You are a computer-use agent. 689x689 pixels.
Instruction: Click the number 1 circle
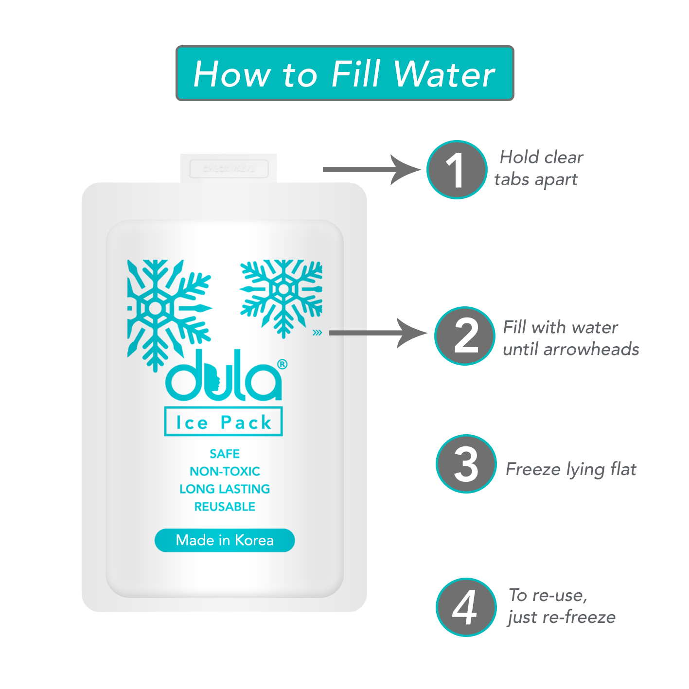(x=457, y=170)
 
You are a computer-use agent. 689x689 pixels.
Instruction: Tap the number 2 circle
(x=465, y=336)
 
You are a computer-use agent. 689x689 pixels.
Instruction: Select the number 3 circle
(x=466, y=464)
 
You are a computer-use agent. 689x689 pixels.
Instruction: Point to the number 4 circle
(x=466, y=607)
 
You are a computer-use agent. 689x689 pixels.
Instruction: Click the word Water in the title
(x=444, y=74)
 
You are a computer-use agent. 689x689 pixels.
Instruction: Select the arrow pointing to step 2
(x=377, y=333)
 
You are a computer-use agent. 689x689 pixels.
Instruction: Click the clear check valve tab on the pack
(x=229, y=169)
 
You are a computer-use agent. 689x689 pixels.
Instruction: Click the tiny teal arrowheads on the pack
(x=317, y=333)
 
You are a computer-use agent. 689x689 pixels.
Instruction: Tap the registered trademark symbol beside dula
(x=282, y=364)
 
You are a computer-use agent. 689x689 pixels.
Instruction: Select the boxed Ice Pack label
(x=224, y=422)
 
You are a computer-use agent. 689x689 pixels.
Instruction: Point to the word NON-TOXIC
(x=225, y=471)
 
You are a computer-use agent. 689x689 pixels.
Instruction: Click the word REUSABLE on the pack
(x=225, y=507)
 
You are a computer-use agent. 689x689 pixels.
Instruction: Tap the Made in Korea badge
(x=225, y=540)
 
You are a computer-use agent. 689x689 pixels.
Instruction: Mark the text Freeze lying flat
(x=571, y=469)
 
